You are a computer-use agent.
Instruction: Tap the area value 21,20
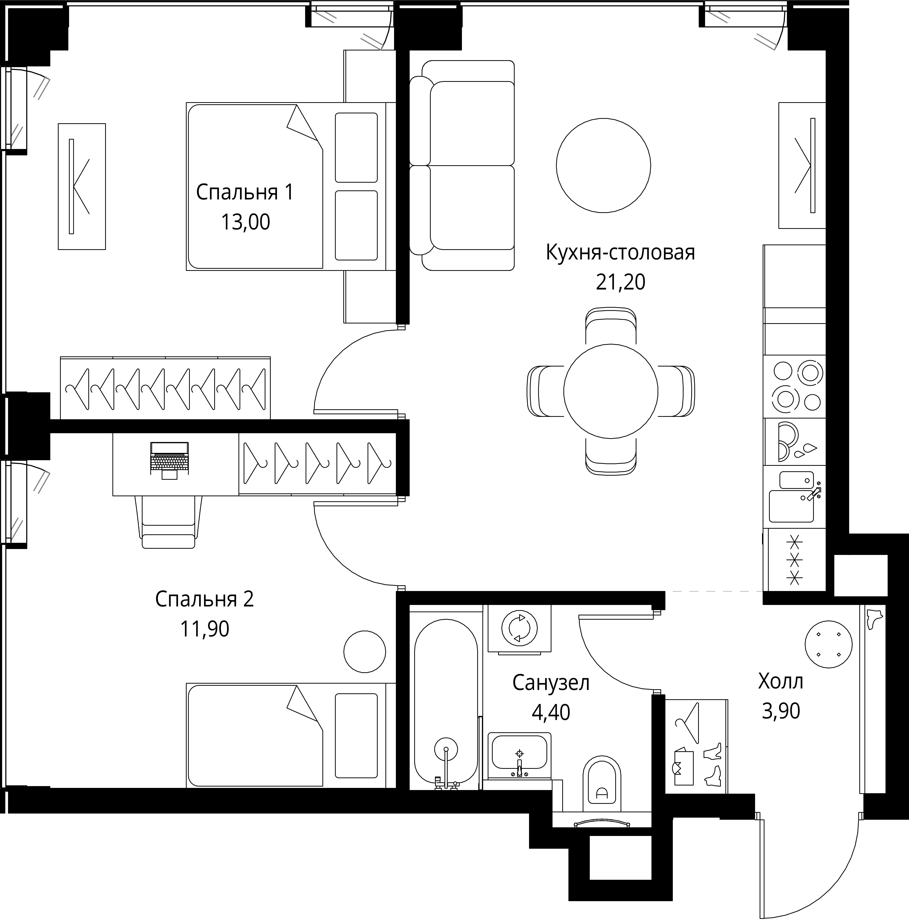click(x=620, y=282)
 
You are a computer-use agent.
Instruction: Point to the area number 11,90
click(x=204, y=629)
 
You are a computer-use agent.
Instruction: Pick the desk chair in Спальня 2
click(x=169, y=522)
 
